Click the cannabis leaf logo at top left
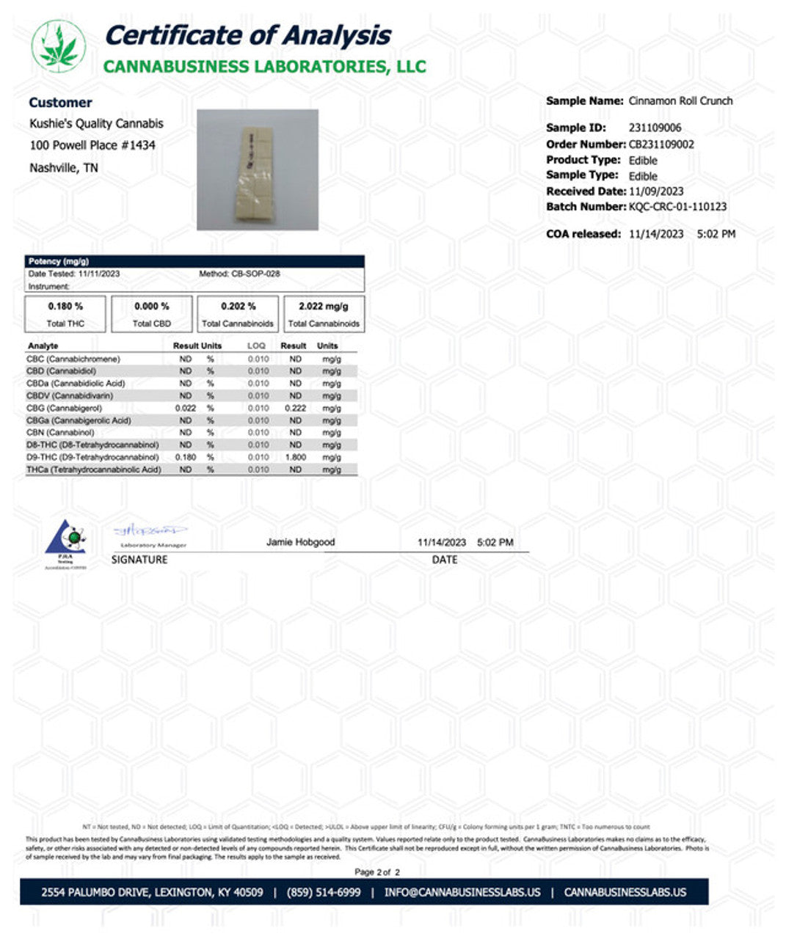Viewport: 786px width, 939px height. (58, 46)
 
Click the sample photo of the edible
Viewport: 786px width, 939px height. (257, 169)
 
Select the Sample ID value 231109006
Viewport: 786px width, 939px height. (655, 128)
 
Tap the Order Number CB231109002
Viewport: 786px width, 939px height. (661, 144)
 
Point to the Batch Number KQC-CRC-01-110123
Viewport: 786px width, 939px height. (677, 207)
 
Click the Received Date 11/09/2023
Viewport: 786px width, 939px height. (656, 191)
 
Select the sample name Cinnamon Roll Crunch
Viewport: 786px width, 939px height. (680, 101)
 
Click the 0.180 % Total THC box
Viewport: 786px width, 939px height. (65, 314)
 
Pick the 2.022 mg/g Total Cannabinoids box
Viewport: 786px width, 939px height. (324, 314)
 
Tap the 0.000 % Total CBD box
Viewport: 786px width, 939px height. (152, 314)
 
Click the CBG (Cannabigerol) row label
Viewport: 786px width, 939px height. (64, 408)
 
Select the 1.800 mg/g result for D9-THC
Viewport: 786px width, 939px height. (295, 457)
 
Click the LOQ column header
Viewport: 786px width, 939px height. (256, 346)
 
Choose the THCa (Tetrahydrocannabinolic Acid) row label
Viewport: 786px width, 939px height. (93, 469)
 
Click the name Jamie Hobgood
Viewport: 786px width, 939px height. (300, 542)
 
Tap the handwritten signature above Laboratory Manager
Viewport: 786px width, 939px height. (150, 530)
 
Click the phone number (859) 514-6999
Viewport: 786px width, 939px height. (324, 892)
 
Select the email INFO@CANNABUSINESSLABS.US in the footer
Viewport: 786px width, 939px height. (462, 892)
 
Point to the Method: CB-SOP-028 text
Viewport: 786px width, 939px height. (239, 274)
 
